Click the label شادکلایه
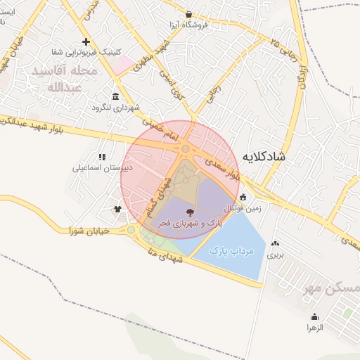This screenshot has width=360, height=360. [x=263, y=156]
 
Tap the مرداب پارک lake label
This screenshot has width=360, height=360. [x=231, y=250]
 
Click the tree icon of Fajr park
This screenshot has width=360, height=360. [x=190, y=212]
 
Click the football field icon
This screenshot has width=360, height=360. [x=243, y=198]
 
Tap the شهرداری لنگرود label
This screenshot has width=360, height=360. [x=116, y=108]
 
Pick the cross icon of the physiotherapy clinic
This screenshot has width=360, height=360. [x=86, y=41]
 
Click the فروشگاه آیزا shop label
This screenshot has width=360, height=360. [x=188, y=25]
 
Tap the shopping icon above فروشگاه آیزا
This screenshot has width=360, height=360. [x=188, y=14]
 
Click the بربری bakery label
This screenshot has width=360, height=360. [x=274, y=255]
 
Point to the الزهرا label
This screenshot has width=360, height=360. [x=314, y=328]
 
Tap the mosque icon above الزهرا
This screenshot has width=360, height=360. [x=314, y=317]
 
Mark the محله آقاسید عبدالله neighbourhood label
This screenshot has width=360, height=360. [x=67, y=79]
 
